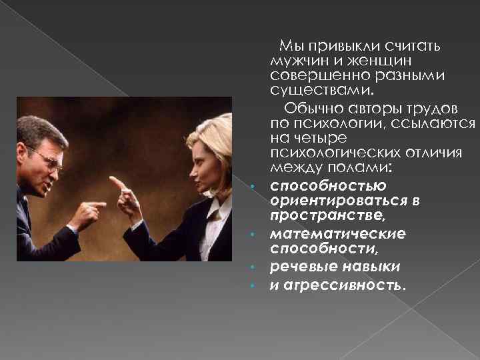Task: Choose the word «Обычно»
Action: coord(311,107)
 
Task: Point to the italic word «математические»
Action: coord(337,234)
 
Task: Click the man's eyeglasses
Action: coord(47,157)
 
